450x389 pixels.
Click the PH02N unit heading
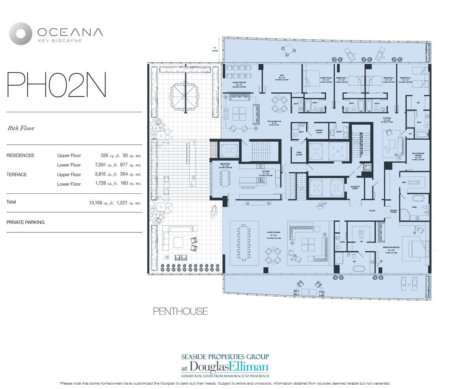[56, 84]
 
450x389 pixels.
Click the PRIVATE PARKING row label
[25, 222]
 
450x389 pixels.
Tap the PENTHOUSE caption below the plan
[180, 312]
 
